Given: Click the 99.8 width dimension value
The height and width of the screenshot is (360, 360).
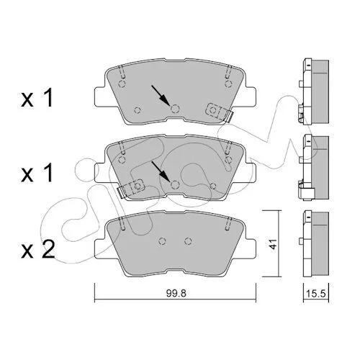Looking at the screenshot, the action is [x=176, y=293].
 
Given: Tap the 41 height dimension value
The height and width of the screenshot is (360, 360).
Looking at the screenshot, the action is [x=273, y=243].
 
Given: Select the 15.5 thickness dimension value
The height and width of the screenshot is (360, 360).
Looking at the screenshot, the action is [x=316, y=294].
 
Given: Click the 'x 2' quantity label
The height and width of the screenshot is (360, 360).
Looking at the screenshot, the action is [x=38, y=250].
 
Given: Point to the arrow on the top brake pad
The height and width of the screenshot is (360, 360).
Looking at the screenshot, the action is [x=161, y=94].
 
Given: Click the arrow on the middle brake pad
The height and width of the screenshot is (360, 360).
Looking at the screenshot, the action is [x=161, y=171].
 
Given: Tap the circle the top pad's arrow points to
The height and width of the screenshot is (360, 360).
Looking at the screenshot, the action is [x=175, y=109].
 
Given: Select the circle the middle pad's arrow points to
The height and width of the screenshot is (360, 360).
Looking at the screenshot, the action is [x=175, y=185].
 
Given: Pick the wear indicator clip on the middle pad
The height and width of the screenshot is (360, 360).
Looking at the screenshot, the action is [x=131, y=188].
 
